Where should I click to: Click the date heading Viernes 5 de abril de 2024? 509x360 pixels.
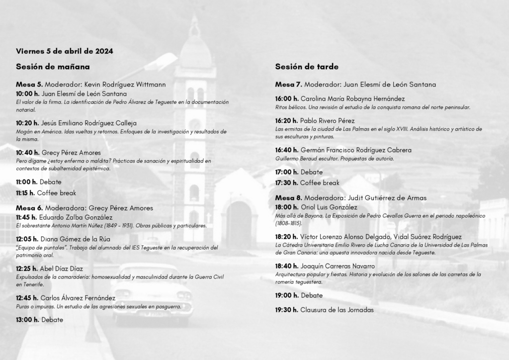point(64,51)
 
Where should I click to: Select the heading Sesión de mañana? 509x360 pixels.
point(53,66)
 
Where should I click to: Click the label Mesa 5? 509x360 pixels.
point(29,85)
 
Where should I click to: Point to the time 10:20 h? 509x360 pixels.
point(28,123)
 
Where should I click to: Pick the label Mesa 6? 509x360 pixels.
point(29,208)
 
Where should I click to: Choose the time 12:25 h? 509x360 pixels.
point(27,269)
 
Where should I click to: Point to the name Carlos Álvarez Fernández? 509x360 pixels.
point(78,298)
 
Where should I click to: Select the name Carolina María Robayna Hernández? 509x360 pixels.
point(352,99)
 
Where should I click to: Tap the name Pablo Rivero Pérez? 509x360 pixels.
point(327,121)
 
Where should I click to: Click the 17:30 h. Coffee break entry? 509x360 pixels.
point(307,183)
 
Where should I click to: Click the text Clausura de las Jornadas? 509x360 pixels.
point(337,310)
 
